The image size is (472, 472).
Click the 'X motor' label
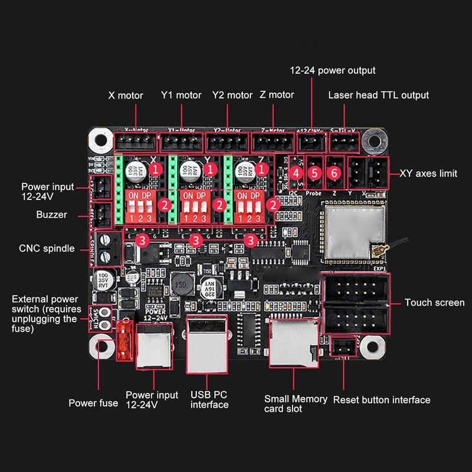coord(126,95)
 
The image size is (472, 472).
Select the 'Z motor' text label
coord(277,94)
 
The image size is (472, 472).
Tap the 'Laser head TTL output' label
coord(378,95)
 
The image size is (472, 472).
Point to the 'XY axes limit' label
coord(428,173)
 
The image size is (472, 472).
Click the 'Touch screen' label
coord(434,303)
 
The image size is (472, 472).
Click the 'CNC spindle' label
coord(47,248)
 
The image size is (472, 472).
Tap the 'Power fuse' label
coord(93,403)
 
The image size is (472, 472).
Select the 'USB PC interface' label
coord(209,399)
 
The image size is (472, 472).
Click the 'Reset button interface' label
coord(382,400)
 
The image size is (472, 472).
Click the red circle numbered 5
coord(315,173)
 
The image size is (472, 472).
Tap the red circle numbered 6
coord(335,173)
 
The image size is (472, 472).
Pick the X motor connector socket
coord(136,142)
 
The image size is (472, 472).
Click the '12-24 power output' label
coord(332,70)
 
